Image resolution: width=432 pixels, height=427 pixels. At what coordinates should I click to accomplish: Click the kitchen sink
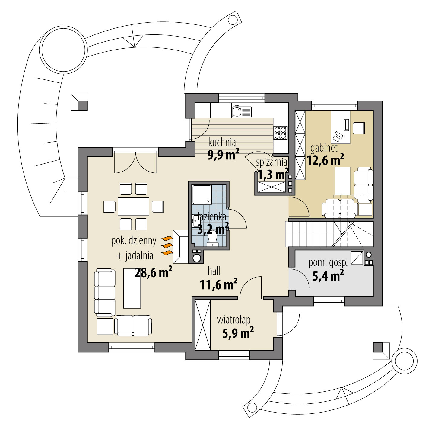[241, 111]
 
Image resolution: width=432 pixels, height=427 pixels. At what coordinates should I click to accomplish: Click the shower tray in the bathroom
[202, 195]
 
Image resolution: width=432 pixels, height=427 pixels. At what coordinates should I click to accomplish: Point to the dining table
[133, 207]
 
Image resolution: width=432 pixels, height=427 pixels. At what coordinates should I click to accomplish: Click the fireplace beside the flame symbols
[181, 246]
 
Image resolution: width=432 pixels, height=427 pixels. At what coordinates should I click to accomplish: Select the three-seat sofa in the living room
[105, 293]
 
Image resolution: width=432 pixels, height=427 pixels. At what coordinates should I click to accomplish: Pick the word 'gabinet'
[324, 148]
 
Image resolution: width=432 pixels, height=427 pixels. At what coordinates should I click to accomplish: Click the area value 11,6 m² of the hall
[218, 284]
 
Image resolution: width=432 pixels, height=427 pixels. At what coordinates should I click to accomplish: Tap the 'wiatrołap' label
[233, 320]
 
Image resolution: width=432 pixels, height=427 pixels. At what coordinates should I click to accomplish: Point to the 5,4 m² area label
[328, 276]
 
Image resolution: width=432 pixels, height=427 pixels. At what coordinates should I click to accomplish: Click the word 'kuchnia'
[222, 142]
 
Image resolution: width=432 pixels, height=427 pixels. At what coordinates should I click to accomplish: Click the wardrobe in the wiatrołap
[202, 325]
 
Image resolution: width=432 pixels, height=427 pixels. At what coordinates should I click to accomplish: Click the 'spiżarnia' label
[272, 162]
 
